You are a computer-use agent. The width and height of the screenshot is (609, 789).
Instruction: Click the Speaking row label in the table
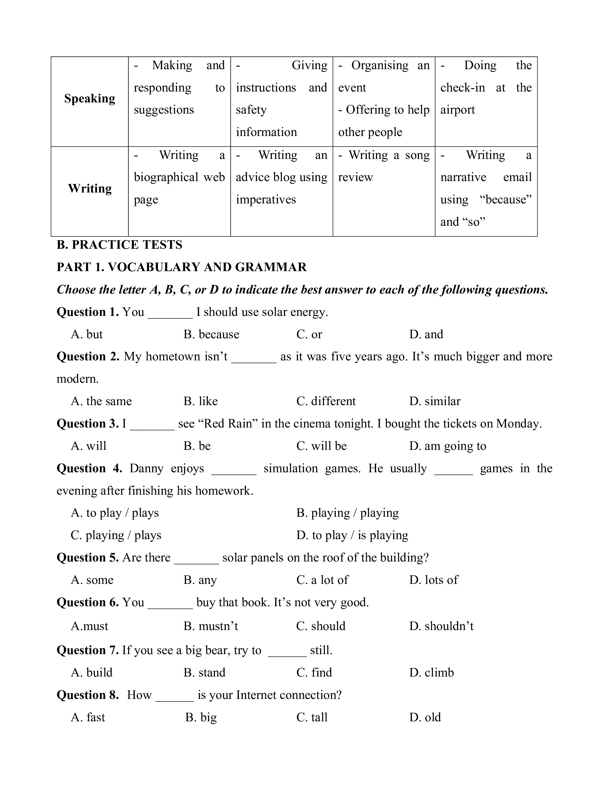click(x=89, y=99)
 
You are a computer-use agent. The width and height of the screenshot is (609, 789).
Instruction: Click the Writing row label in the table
click(x=89, y=188)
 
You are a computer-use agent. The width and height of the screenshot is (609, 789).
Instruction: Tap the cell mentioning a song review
click(x=383, y=166)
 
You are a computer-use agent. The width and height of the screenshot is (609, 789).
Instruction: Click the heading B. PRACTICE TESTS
click(x=120, y=245)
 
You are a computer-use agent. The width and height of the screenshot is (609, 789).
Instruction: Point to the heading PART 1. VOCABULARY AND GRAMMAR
click(x=181, y=267)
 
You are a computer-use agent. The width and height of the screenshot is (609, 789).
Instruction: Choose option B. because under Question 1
click(x=211, y=334)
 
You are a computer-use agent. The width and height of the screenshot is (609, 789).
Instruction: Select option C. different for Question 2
click(x=326, y=401)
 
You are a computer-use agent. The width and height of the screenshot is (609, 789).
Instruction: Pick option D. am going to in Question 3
click(x=447, y=446)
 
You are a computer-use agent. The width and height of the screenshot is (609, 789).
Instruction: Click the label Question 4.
click(x=89, y=468)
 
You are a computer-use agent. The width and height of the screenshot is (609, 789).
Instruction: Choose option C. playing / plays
click(x=116, y=535)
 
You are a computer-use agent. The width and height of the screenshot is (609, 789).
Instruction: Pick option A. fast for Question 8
click(x=88, y=717)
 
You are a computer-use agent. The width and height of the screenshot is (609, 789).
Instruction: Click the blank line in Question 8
click(x=175, y=700)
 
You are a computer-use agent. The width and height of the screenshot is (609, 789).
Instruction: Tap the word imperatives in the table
click(x=266, y=200)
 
